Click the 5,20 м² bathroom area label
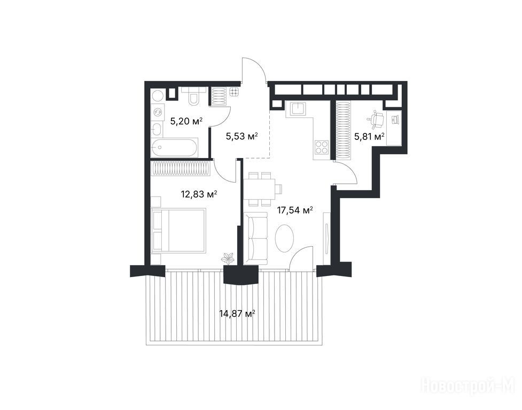pyautogui.click(x=186, y=121)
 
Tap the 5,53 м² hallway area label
pyautogui.click(x=241, y=136)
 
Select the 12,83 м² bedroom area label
pyautogui.click(x=199, y=194)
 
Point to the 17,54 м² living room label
pyautogui.click(x=295, y=210)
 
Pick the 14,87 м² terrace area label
pyautogui.click(x=237, y=313)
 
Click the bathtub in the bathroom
pyautogui.click(x=174, y=147)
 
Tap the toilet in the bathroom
pyautogui.click(x=193, y=96)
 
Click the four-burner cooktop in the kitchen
pyautogui.click(x=322, y=147)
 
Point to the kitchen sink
pyautogui.click(x=298, y=108)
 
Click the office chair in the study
pyautogui.click(x=376, y=119)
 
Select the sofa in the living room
pyautogui.click(x=255, y=238)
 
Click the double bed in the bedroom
pyautogui.click(x=178, y=230)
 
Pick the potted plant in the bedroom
pyautogui.click(x=228, y=258)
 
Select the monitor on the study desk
pyautogui.click(x=395, y=120)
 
